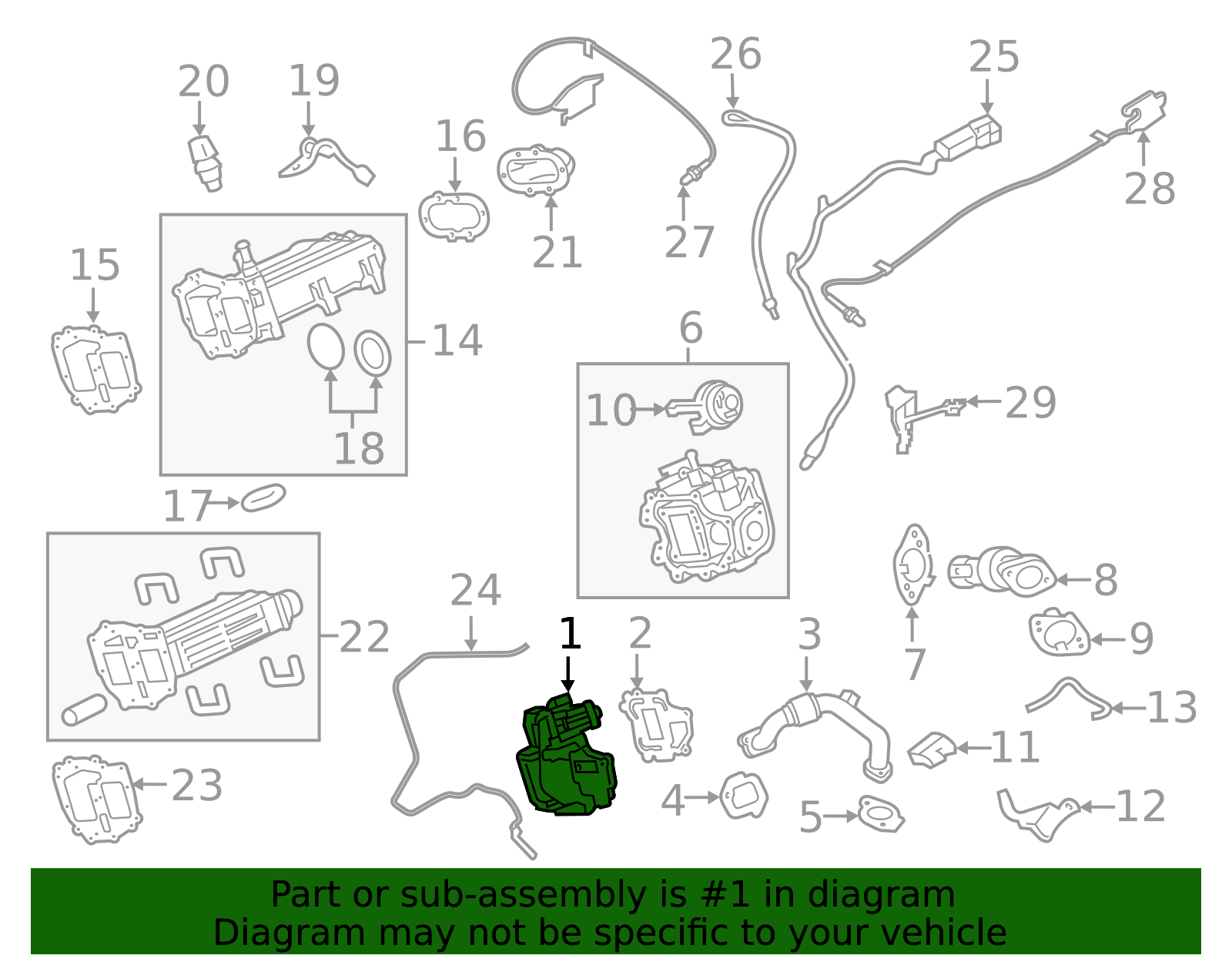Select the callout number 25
coord(993,57)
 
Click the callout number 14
coord(457,340)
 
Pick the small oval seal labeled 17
coord(263,498)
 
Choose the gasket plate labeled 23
coord(95,799)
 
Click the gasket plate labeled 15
coord(95,370)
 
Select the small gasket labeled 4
coord(744,796)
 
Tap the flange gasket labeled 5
coord(880,815)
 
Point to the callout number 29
coord(1030,403)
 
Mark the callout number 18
coord(359,447)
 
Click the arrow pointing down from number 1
coord(567,674)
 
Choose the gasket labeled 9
coord(1059,633)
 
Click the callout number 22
coord(364,636)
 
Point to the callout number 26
coord(735,54)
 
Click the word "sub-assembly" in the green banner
coord(523,894)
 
